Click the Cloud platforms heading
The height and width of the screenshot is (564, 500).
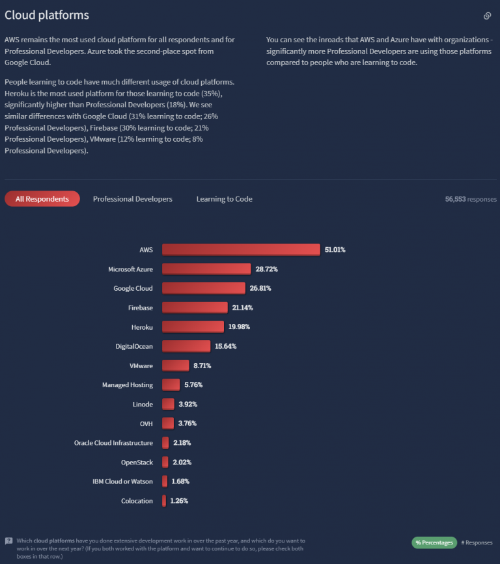coord(47,15)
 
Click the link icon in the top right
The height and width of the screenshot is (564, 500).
coord(487,16)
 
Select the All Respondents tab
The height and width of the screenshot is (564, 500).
coord(42,199)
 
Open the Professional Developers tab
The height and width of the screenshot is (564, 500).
coord(133,199)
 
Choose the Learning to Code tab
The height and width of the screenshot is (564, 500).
coord(224,199)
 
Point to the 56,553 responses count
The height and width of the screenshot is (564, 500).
coord(470,199)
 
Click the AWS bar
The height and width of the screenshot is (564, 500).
coord(241,250)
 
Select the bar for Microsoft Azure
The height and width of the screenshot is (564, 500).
coord(206,269)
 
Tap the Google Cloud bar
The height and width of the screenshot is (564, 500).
coord(203,288)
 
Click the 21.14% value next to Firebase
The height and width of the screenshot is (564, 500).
coord(242,308)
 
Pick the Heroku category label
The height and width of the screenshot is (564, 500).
coord(141,327)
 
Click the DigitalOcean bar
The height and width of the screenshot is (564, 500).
coord(186,346)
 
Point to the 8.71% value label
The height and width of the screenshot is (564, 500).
coord(202,366)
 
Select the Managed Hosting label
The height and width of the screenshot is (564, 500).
coord(127,385)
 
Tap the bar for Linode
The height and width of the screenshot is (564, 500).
coord(168,404)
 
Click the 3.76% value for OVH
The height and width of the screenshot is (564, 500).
coord(187,423)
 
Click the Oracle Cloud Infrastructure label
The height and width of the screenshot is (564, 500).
coord(113,443)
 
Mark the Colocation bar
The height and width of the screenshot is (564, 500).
coord(164,501)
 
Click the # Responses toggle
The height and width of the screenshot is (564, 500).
coord(478,543)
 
